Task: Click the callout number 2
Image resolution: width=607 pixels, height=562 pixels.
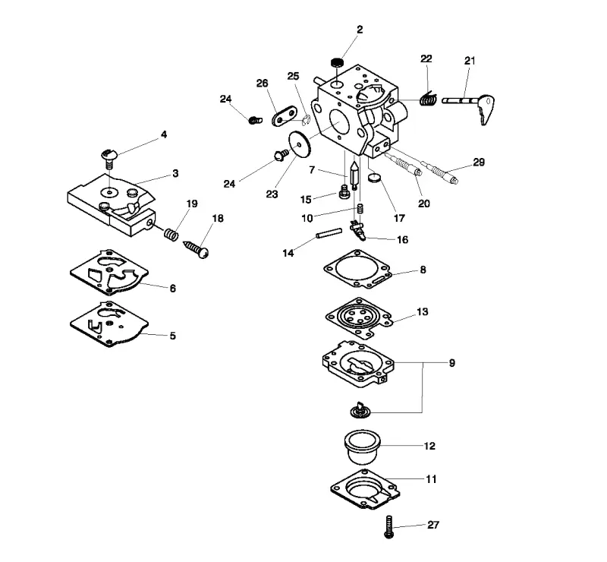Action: click(360, 30)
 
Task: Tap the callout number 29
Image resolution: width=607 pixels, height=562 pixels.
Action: click(479, 162)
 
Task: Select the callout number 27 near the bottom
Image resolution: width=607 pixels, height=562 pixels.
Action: click(433, 525)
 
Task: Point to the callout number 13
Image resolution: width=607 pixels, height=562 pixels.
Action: click(423, 311)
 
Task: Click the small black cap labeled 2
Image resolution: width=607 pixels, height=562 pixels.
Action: click(338, 62)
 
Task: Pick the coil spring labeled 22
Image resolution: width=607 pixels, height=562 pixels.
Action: click(428, 99)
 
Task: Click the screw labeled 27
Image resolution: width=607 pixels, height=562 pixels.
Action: click(389, 527)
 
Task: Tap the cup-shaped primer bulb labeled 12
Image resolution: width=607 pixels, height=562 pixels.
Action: click(363, 446)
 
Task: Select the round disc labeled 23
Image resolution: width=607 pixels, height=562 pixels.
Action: click(300, 144)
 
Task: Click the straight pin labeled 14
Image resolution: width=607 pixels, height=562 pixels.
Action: click(329, 233)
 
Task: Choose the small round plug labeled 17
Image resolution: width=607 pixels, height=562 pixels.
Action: click(374, 178)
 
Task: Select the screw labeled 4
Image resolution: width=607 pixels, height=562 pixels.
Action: click(109, 158)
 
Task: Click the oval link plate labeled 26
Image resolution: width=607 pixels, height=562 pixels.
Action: click(285, 115)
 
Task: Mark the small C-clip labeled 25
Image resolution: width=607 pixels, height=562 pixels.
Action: click(306, 120)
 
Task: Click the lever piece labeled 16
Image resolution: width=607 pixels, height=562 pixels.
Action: click(357, 230)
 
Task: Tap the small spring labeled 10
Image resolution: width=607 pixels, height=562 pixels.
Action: click(360, 208)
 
